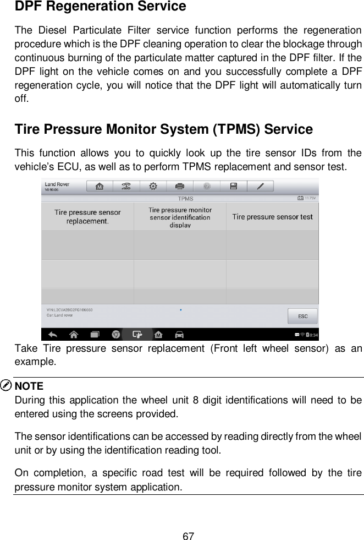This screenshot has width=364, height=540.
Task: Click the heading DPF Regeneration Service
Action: pos(100,7)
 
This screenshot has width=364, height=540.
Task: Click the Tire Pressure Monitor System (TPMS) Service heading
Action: pos(163,130)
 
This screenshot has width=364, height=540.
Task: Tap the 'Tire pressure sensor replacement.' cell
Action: pos(87,216)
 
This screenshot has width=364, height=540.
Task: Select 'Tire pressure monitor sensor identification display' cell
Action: pos(180,217)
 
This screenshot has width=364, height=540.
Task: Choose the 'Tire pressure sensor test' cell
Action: pos(272,216)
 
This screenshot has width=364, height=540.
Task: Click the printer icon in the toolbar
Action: pos(179,186)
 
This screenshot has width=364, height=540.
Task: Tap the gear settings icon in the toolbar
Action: pos(153,186)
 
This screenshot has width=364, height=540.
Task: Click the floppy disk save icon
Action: pos(233,186)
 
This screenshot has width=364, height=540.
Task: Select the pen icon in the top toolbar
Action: pos(260,186)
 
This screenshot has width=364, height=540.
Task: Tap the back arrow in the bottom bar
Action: pos(53,334)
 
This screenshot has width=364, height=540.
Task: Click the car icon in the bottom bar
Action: pos(179,334)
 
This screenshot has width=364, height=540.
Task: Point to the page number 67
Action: pos(189,520)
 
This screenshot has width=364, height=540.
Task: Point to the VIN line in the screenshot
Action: pos(69,310)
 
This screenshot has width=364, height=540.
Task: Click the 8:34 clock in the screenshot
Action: pos(312,335)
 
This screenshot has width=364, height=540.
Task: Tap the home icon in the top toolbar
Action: pos(100,186)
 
